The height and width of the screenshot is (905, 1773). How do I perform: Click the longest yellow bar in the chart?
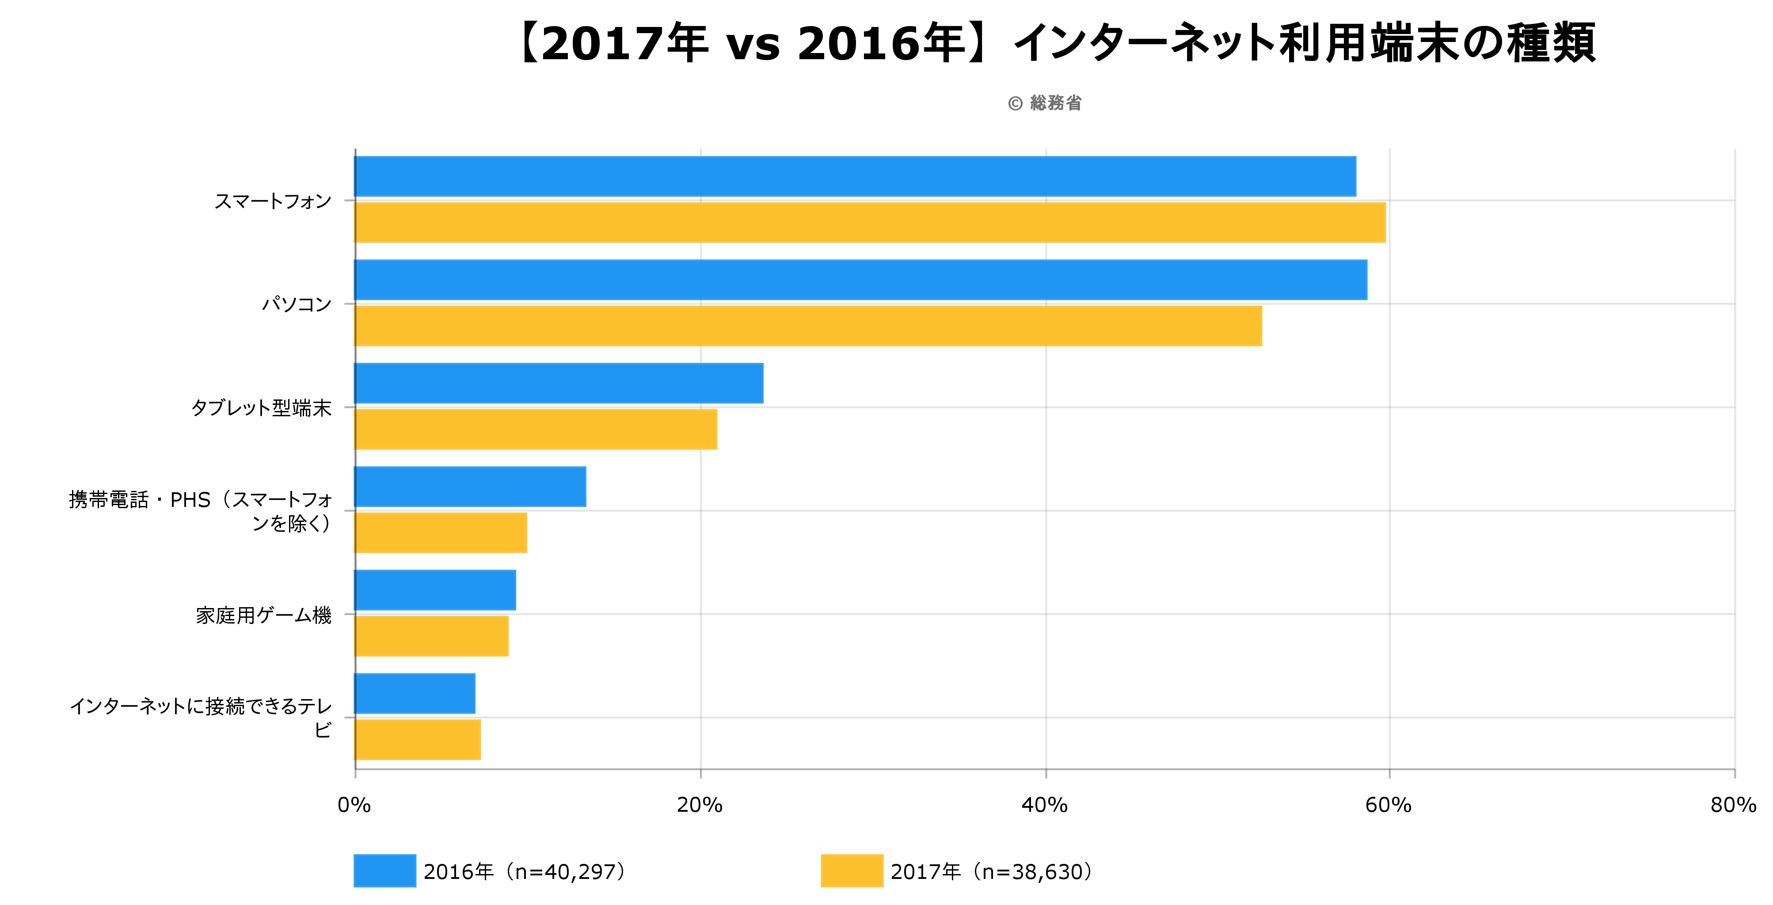[x=870, y=222]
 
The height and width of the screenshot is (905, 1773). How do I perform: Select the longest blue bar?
[x=860, y=280]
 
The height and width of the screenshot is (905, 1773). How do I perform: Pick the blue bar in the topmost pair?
[x=855, y=177]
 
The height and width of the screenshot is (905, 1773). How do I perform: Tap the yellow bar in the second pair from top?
[x=808, y=326]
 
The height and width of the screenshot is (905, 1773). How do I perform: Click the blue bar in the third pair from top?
[x=559, y=383]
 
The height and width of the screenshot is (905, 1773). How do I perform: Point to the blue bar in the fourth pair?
[x=470, y=487]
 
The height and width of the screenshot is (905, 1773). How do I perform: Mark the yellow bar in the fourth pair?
[x=441, y=532]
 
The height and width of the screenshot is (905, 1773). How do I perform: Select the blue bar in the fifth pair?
[x=435, y=590]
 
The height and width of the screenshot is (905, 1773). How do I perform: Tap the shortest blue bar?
[x=415, y=694]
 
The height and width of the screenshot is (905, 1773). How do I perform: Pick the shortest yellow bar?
[x=418, y=740]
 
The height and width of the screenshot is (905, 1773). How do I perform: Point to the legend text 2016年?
[x=458, y=872]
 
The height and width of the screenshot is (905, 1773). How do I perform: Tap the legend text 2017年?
[x=925, y=872]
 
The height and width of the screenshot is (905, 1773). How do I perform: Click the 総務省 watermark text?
[x=1055, y=103]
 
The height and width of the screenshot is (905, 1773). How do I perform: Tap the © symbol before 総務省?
[x=1015, y=104]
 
